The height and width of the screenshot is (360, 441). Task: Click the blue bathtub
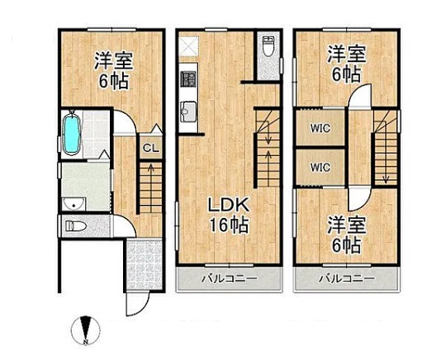pos(72,133)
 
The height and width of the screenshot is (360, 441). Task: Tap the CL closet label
pos(151,148)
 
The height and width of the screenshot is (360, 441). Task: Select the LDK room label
pos(229,206)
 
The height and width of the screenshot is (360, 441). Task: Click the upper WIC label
pos(320,129)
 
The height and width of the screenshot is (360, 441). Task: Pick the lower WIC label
pos(320,168)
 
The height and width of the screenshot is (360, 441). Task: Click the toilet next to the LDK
pos(268,47)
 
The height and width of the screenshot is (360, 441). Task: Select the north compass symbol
pos(86,331)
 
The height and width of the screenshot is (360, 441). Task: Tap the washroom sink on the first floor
pos(73,204)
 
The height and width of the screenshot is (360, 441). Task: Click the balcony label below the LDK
pos(230,279)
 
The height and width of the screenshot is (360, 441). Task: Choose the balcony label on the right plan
pos(347,279)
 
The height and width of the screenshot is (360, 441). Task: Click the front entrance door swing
pos(137,304)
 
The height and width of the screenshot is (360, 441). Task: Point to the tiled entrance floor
pos(145,264)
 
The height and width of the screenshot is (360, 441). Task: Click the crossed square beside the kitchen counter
pos(190,46)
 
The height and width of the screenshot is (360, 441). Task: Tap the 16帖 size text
pos(229,225)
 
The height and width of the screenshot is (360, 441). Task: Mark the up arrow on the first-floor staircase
pos(151,174)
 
